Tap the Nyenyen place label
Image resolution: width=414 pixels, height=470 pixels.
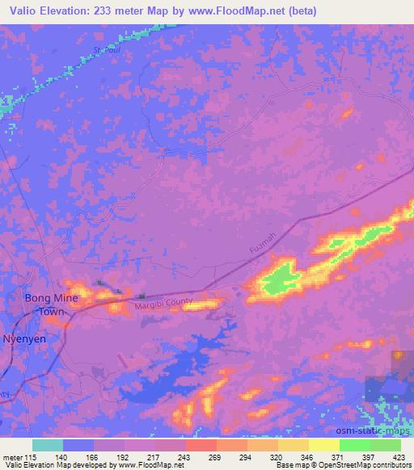point(24,338)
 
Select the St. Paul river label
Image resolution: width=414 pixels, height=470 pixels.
point(108,50)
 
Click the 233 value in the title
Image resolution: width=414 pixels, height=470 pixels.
point(103,10)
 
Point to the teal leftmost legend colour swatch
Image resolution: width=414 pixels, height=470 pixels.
point(48,445)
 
